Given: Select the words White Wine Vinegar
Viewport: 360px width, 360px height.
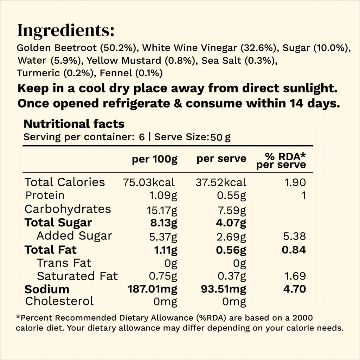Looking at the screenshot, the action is point(189,48).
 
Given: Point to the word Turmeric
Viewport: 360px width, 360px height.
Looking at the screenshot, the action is point(38,73).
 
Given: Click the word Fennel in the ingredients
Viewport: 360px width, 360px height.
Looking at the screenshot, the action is point(116,73).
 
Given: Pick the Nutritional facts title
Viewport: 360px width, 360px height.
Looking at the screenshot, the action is point(74,124).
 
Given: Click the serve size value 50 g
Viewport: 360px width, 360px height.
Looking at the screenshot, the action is point(220,137).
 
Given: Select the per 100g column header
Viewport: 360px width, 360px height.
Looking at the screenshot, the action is point(155,159).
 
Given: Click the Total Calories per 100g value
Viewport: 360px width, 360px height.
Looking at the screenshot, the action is point(149,182).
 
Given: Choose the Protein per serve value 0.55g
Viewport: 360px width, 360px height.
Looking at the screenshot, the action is point(231,196).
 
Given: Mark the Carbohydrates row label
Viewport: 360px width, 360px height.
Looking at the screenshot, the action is point(68,209).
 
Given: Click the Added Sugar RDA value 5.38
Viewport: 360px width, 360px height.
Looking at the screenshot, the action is point(295,236).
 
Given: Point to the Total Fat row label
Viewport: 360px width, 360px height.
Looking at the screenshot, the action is point(51,250).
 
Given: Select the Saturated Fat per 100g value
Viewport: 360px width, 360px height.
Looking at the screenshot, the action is point(163,276).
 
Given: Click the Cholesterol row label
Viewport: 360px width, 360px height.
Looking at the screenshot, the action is point(59,301).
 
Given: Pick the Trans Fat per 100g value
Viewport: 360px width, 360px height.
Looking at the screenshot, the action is point(171,263).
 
